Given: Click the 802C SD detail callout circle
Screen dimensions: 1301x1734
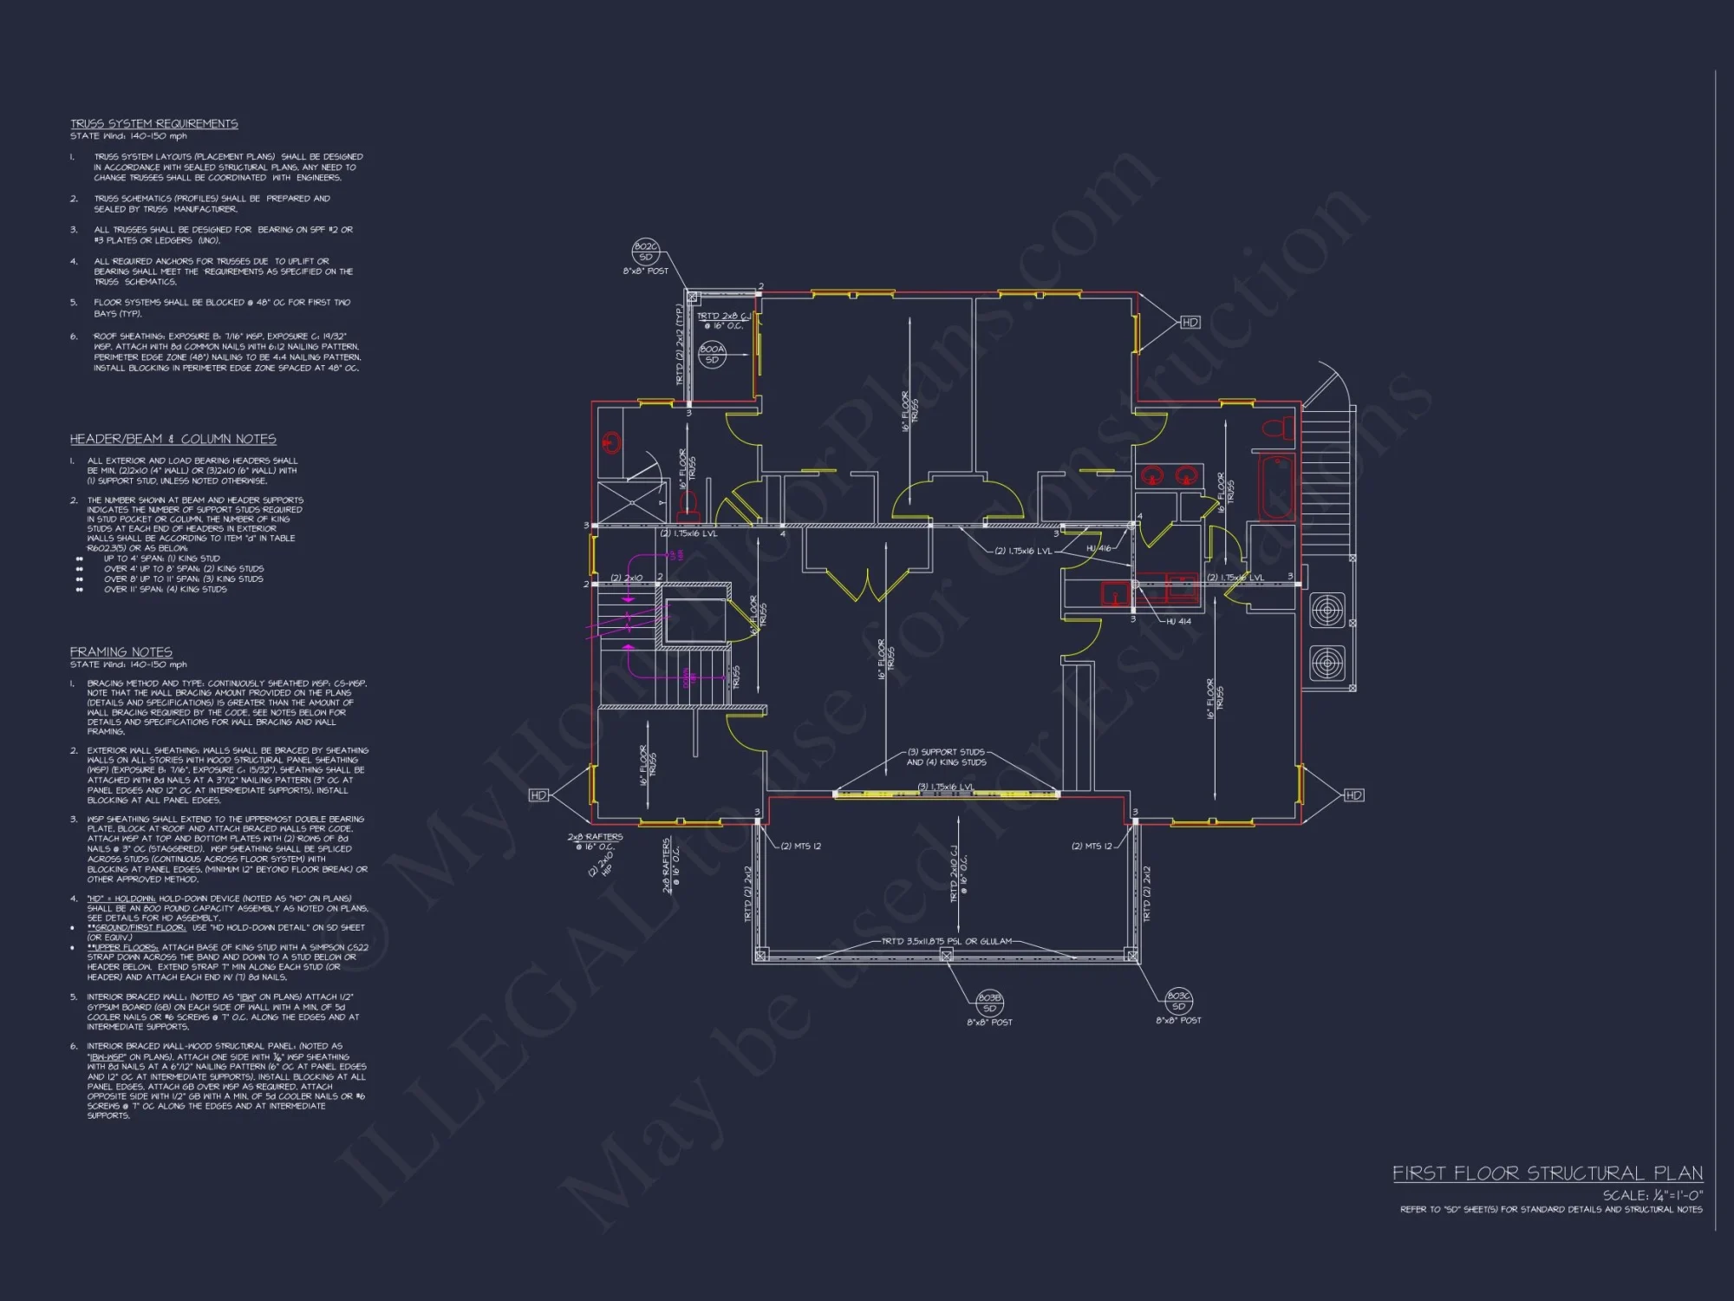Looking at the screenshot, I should [x=646, y=252].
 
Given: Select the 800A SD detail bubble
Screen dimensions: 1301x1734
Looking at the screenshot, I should [x=712, y=354].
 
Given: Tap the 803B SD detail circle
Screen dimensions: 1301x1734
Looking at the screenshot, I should [x=989, y=1003].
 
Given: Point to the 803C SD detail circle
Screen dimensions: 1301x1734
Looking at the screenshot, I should [x=1178, y=1001].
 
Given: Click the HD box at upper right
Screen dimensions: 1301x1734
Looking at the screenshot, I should [x=1190, y=322].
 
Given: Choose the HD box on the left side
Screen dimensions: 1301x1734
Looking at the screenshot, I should [x=538, y=794].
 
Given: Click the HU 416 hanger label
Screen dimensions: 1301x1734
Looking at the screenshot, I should [x=1098, y=548].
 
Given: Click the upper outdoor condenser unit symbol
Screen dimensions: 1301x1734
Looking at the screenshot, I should [x=1327, y=611].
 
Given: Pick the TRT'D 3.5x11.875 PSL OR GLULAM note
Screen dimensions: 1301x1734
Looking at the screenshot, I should [x=947, y=941].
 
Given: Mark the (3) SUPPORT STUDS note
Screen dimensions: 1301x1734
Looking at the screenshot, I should [x=946, y=752].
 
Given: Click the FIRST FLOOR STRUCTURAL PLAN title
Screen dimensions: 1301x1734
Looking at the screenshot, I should [x=1547, y=1174].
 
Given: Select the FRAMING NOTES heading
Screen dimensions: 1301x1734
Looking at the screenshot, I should [x=121, y=651].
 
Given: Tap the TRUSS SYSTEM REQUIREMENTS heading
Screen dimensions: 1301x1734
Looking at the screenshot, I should [x=153, y=123].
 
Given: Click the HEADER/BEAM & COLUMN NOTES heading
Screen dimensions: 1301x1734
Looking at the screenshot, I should [x=173, y=439].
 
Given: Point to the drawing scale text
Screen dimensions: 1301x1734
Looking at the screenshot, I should [x=1652, y=1194].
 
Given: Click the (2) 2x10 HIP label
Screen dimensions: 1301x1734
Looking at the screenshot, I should [x=602, y=859].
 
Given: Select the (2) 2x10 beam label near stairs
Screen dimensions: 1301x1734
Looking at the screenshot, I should [x=626, y=578].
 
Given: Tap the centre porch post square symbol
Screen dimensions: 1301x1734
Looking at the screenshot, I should [x=946, y=955].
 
